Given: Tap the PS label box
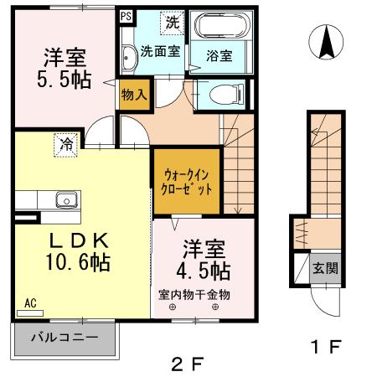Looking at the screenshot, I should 125,16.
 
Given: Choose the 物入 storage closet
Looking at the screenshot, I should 134,94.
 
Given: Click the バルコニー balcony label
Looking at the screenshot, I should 65,339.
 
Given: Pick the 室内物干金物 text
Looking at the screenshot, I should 194,295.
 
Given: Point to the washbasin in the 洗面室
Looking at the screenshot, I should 128,57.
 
